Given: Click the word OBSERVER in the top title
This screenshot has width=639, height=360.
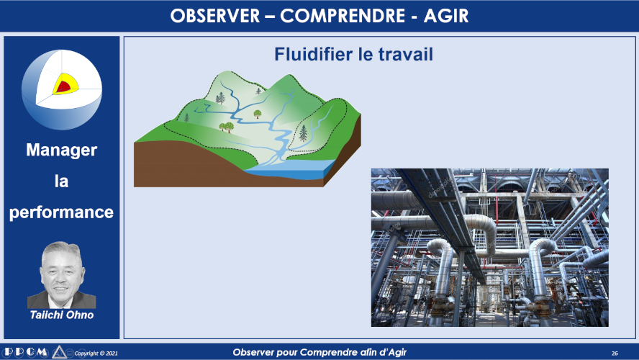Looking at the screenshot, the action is [x=214, y=17].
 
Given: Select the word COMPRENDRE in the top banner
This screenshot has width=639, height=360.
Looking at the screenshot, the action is [x=343, y=17].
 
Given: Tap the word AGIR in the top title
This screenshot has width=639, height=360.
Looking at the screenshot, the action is [x=446, y=17].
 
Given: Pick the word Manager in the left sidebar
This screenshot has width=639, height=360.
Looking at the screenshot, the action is [x=62, y=150].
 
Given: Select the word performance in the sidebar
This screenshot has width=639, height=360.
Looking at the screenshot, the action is [x=62, y=212].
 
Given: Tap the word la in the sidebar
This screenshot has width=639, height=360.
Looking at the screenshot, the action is [x=62, y=181].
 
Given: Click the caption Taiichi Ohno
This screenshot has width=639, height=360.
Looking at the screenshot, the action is [x=62, y=315].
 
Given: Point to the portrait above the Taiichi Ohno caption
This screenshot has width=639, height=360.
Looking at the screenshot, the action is [x=62, y=275].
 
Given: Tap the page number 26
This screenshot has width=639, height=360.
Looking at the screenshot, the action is [x=615, y=353].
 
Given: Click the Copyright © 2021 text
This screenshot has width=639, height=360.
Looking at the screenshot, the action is [x=96, y=353].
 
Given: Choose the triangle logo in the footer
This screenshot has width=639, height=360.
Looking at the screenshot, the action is [x=59, y=352].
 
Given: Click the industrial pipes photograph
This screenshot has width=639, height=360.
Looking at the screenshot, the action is [x=490, y=248].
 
